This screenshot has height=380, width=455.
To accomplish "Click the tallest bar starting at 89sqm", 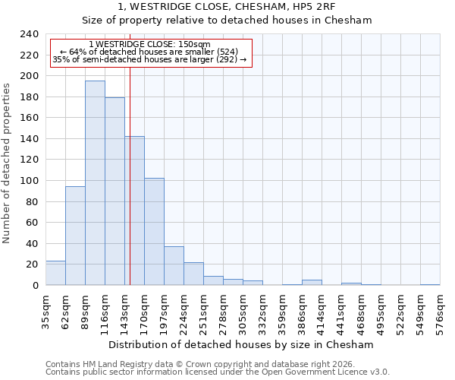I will coord(95,183).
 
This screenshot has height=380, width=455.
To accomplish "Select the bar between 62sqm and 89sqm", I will coord(75,236).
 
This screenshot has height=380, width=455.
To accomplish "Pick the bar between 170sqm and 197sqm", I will coord(154,232).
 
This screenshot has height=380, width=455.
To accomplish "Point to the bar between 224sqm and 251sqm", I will coord(193,274).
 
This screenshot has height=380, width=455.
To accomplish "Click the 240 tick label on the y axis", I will coord(29,34).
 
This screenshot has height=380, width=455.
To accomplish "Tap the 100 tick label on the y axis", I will coord(29,181).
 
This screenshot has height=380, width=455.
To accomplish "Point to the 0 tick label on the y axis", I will coord(35,286).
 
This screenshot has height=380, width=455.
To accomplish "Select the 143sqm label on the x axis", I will coord(125,309).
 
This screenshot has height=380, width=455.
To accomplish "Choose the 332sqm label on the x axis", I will coord(263,309).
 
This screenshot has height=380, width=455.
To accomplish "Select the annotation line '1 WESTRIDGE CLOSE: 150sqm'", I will coord(149,45).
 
